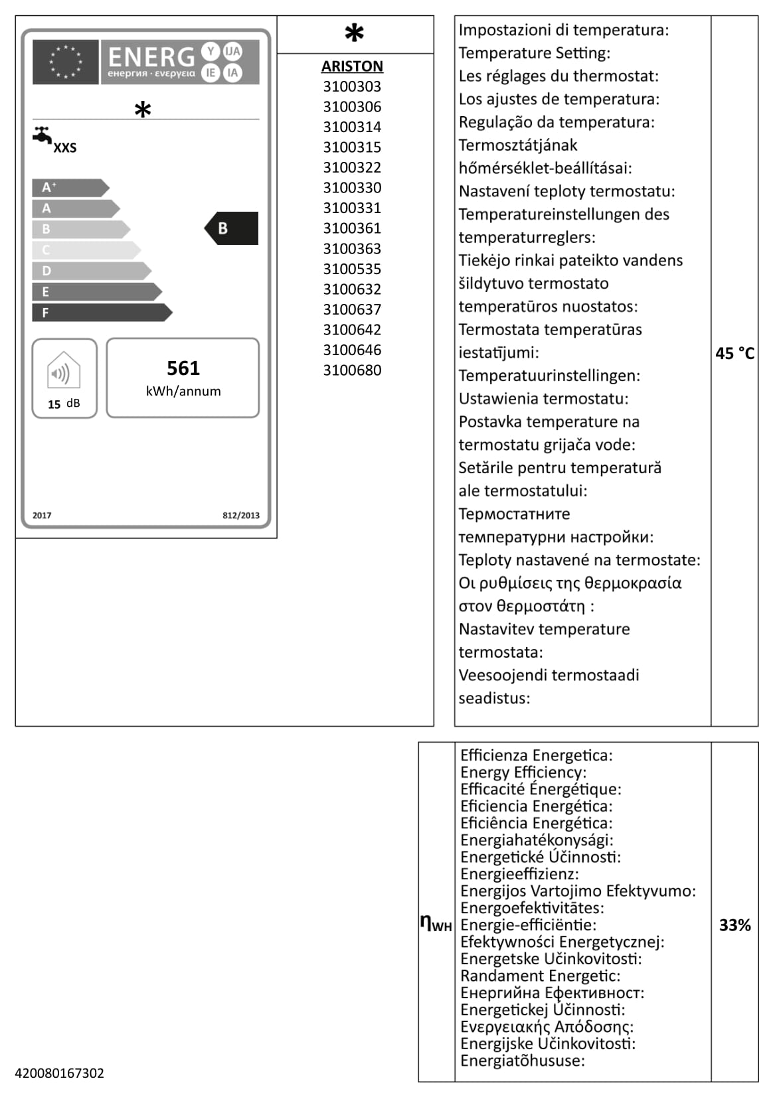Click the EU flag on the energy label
(65, 62)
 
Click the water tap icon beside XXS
(43, 135)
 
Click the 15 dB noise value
(64, 403)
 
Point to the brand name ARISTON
(352, 66)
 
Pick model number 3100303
(352, 86)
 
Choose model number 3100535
(352, 269)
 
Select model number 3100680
(352, 370)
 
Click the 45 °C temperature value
(734, 354)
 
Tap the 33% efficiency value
(734, 925)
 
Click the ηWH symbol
(436, 923)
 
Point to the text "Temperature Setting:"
(534, 53)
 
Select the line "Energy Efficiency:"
(523, 772)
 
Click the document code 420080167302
(60, 1073)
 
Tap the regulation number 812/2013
(240, 516)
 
